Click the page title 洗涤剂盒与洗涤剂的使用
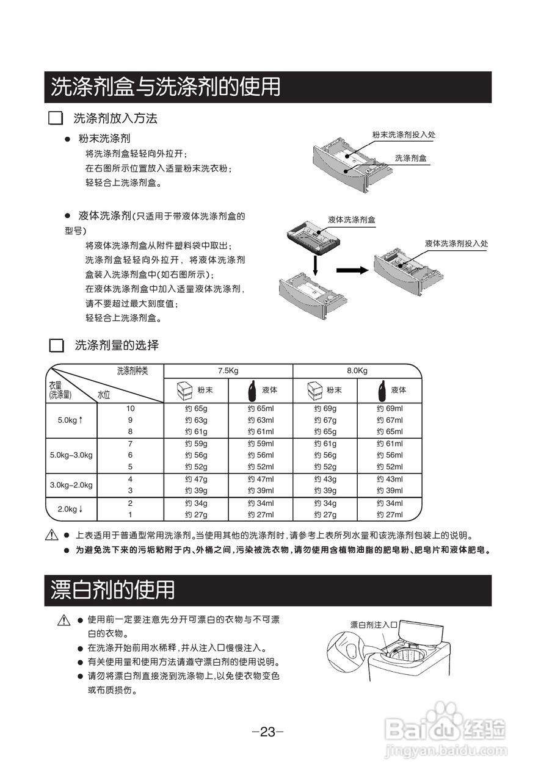pyautogui.click(x=165, y=87)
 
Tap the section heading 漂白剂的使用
pyautogui.click(x=113, y=590)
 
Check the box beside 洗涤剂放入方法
pyautogui.click(x=56, y=118)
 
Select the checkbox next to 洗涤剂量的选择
pyautogui.click(x=56, y=345)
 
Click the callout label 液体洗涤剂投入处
pyautogui.click(x=457, y=243)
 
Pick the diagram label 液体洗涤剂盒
pyautogui.click(x=352, y=219)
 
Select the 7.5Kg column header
pyautogui.click(x=228, y=371)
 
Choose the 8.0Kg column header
pyautogui.click(x=357, y=371)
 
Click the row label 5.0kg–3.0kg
pyautogui.click(x=71, y=455)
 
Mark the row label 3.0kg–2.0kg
pyautogui.click(x=71, y=485)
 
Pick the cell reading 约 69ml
pyautogui.click(x=390, y=408)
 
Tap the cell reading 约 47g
pyautogui.click(x=197, y=480)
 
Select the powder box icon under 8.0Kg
pyautogui.click(x=314, y=390)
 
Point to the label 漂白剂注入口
pyautogui.click(x=374, y=625)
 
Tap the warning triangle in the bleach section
pyautogui.click(x=64, y=621)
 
